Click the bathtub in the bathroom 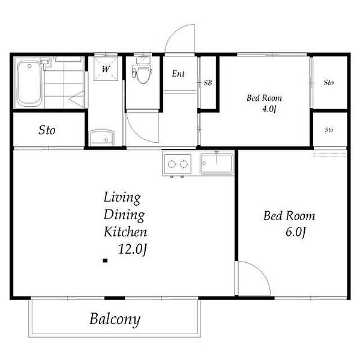(x=29, y=83)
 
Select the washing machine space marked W (x=106, y=69)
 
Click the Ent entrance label (x=178, y=73)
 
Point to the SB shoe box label (x=208, y=83)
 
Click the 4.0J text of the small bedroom (x=269, y=109)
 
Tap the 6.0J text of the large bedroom (x=296, y=232)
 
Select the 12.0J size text (x=133, y=249)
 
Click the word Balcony (x=115, y=319)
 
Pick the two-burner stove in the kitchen (x=178, y=164)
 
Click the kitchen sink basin (x=217, y=163)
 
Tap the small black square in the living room (x=106, y=260)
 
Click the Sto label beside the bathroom (x=47, y=130)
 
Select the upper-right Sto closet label (x=329, y=82)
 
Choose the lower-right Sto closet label (x=329, y=130)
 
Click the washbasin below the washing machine (x=102, y=137)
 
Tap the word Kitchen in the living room (x=125, y=232)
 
